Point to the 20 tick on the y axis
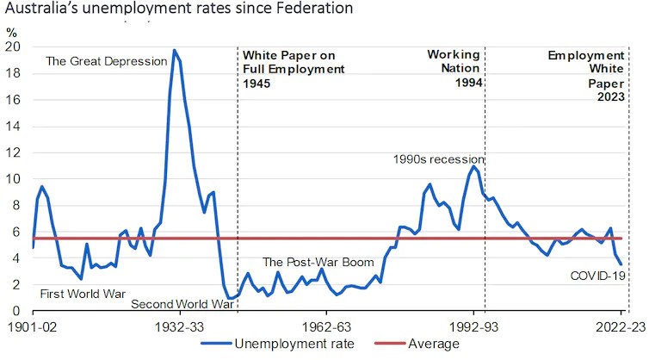15,47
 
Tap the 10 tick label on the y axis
15,179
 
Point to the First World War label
83,294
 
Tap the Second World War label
182,304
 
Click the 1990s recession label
438,159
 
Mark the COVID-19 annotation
596,276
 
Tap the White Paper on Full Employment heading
294,69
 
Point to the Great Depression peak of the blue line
175,51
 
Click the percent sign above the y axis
11,32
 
